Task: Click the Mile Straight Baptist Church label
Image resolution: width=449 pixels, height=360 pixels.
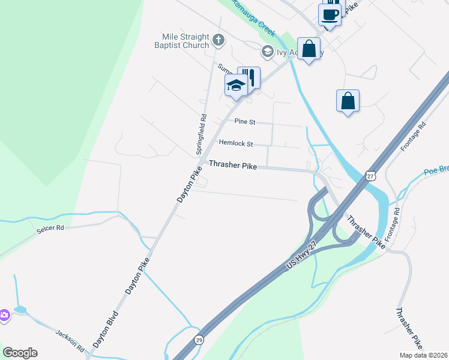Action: (x=185, y=41)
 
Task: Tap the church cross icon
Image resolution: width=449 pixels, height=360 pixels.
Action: (x=219, y=41)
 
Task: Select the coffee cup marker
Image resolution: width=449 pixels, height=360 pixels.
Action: (x=330, y=14)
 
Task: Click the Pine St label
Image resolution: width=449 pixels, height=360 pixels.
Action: (x=245, y=122)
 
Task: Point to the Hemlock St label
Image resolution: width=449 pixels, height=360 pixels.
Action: (x=236, y=144)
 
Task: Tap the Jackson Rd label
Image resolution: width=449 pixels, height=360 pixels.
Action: (x=70, y=341)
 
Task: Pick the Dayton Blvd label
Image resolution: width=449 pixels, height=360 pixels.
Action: (x=106, y=329)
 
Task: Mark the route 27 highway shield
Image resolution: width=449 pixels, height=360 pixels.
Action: (x=370, y=175)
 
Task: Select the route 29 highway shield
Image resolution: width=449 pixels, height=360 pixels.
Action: (x=199, y=340)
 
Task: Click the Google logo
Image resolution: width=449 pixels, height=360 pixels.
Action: (x=20, y=353)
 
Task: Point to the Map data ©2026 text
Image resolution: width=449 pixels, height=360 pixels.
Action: (x=424, y=355)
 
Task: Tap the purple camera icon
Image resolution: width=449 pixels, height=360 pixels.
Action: (x=4, y=314)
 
